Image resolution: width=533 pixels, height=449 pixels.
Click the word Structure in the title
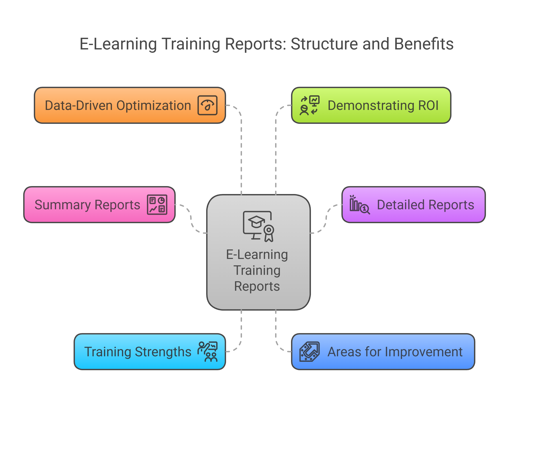pyautogui.click(x=324, y=44)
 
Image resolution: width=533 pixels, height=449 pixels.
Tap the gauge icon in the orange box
pyautogui.click(x=207, y=105)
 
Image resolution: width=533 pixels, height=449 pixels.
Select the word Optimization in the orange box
pyautogui.click(x=154, y=105)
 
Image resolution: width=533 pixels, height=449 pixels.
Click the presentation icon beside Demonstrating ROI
pyautogui.click(x=310, y=105)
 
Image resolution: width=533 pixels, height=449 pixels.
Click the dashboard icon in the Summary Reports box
pyautogui.click(x=157, y=205)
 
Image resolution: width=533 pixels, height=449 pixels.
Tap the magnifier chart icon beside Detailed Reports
pyautogui.click(x=360, y=205)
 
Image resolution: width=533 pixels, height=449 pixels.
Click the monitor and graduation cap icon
pyautogui.click(x=258, y=226)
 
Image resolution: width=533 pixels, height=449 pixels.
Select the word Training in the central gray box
pyautogui.click(x=257, y=270)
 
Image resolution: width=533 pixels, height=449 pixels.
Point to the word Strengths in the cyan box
pyautogui.click(x=163, y=352)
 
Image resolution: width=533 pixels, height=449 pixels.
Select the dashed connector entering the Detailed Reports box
pyautogui.click(x=326, y=219)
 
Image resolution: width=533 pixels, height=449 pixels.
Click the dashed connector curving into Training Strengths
pyautogui.click(x=238, y=346)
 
